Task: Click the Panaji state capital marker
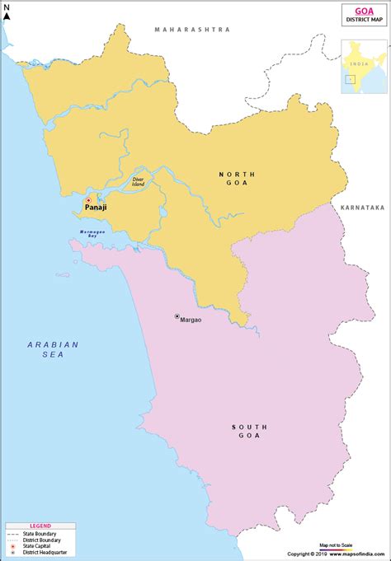[88, 200]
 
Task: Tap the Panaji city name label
[96, 210]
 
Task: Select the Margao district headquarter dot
[177, 316]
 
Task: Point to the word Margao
[191, 317]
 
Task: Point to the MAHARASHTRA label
[191, 29]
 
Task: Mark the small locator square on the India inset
[350, 80]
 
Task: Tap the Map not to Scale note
[336, 545]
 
